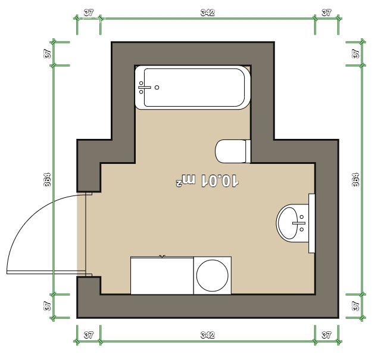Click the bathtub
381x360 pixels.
point(192,88)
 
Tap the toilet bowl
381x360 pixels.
point(230,151)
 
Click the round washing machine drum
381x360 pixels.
point(212,275)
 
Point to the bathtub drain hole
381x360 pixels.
point(157,88)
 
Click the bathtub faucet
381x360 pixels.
point(144,88)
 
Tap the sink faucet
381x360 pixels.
point(299,223)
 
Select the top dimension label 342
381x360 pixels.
point(208,13)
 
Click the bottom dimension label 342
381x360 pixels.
point(208,335)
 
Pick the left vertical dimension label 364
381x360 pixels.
point(47,180)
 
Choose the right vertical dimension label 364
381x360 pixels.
point(355,180)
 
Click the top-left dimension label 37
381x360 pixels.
point(89,13)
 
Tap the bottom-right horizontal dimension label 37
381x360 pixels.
point(326,335)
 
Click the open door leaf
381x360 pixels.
point(46,272)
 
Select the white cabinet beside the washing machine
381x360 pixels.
point(162,275)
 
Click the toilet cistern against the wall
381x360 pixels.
point(248,151)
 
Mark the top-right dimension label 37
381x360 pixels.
point(326,13)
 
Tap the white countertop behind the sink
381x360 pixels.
point(312,223)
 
